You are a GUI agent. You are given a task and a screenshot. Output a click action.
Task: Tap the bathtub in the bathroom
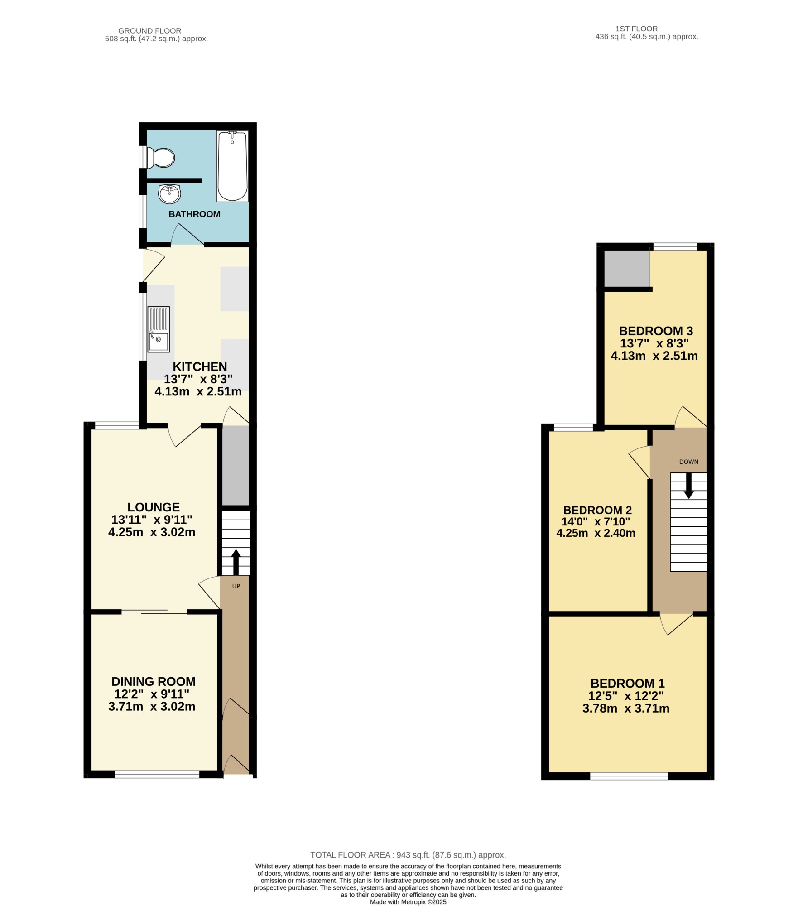[233, 166]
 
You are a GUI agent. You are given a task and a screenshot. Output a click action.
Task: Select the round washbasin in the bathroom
[169, 194]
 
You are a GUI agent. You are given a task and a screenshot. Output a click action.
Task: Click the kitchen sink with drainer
[159, 329]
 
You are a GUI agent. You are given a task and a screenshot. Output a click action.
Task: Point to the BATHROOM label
[194, 214]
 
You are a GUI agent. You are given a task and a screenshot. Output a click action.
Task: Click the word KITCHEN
[200, 366]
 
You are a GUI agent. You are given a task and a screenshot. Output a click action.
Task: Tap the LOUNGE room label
[154, 507]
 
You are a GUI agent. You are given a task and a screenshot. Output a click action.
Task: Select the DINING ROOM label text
[154, 682]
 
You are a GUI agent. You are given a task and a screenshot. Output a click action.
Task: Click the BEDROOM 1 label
[627, 684]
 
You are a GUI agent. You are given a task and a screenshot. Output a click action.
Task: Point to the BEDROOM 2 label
[597, 510]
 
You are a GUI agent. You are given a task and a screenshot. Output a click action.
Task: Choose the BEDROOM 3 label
[656, 331]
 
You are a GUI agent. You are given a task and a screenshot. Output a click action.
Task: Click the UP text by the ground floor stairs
[236, 586]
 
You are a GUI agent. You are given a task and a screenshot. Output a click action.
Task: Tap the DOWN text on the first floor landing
[689, 462]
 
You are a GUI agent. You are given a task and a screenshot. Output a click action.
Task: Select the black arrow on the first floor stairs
[688, 486]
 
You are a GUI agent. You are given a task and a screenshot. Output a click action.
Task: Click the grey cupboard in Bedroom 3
[627, 269]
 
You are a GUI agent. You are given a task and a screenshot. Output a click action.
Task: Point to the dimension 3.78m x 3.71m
[626, 708]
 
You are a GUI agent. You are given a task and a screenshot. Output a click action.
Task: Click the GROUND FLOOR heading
[150, 31]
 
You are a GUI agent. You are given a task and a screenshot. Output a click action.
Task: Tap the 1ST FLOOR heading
[636, 29]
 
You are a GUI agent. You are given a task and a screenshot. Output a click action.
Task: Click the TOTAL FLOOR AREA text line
[408, 855]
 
